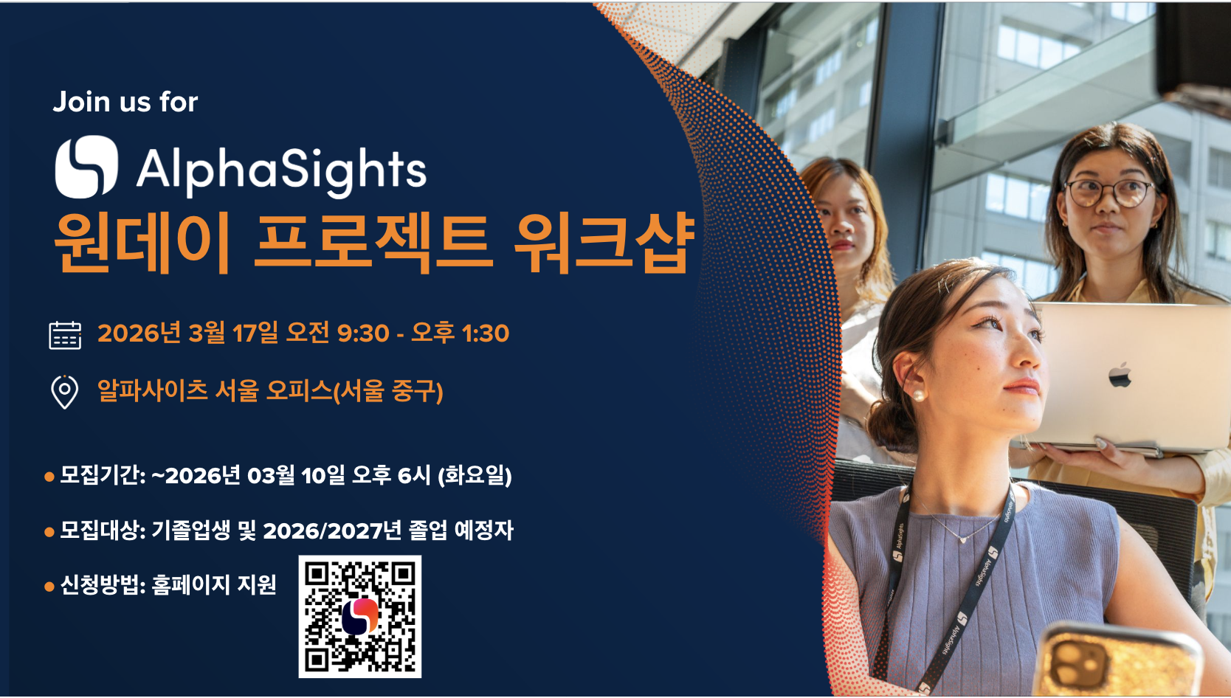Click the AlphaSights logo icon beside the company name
86,167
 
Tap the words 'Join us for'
125,102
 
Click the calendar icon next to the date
65,334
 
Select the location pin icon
65,391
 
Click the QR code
360,617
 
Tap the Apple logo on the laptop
1120,375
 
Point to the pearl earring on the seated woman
919,395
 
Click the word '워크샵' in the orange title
604,242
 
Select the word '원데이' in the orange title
142,242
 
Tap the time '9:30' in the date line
362,334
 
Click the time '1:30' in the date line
485,334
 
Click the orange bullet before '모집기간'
49,477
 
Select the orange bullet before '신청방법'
49,587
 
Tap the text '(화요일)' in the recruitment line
475,475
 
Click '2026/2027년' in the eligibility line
332,531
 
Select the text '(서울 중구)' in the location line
388,391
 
